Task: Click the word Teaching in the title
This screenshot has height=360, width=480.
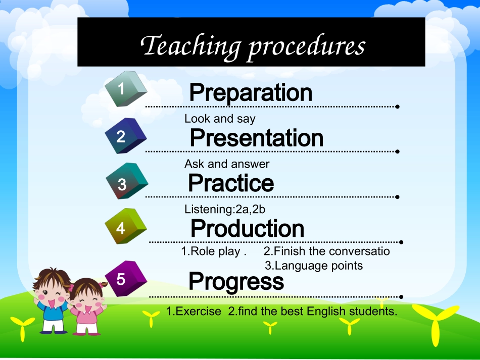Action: point(190,46)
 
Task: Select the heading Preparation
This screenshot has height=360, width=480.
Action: point(251,92)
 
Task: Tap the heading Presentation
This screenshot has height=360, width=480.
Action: point(257,138)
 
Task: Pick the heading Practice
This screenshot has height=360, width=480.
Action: point(231,183)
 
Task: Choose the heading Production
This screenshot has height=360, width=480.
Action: point(248,228)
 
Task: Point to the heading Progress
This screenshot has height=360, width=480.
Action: point(236,281)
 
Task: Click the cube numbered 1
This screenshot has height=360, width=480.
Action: point(125,89)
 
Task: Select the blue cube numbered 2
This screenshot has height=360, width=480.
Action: point(125,135)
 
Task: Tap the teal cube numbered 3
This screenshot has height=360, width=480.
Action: point(127,181)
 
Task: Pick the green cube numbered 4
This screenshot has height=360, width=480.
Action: point(125,226)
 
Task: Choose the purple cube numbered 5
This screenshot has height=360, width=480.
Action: point(126,279)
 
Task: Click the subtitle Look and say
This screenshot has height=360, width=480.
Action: point(220,119)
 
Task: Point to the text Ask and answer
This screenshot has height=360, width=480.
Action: point(227,164)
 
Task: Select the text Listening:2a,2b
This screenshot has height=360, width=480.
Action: point(225,209)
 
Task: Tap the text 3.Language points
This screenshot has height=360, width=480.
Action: point(314,266)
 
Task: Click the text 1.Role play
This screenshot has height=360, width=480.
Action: point(214,251)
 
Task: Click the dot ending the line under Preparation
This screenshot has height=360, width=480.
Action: point(397,107)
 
